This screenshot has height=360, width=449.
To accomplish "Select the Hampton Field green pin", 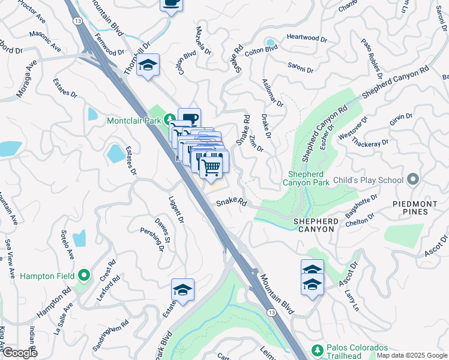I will [84, 275].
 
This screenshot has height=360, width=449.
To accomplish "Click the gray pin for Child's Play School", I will [412, 179].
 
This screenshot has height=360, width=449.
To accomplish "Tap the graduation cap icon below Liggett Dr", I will [182, 290].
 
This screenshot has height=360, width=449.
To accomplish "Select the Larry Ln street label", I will [351, 298].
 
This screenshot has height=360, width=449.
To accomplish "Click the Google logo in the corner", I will [20, 352].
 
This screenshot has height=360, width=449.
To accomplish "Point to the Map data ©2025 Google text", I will [412, 355].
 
